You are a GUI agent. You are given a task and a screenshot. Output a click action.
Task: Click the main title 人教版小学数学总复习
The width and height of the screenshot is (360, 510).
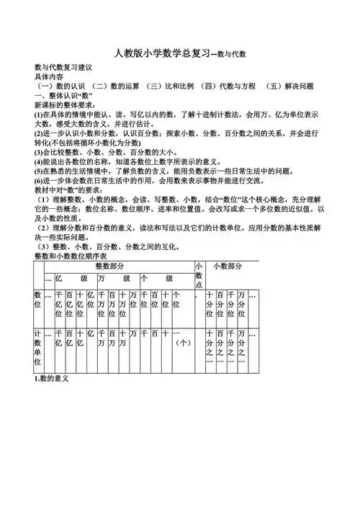tap(163, 54)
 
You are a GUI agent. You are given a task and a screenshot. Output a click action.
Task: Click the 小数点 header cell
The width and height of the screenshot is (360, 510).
tap(199, 275)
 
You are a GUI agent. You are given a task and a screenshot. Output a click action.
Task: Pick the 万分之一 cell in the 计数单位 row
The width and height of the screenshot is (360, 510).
tap(241, 348)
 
